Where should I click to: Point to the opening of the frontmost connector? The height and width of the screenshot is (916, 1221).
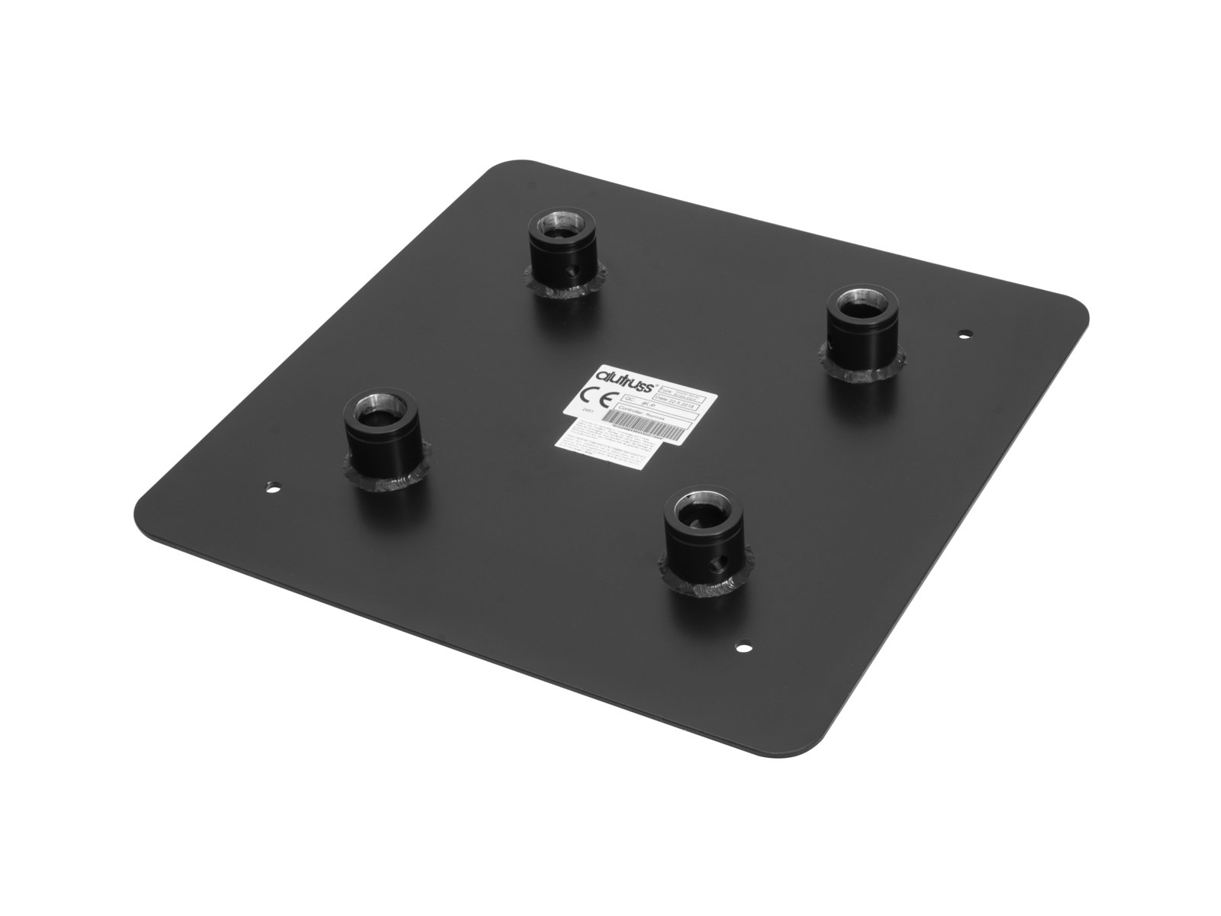point(701,505)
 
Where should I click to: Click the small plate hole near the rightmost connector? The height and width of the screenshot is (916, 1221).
point(965,334)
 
